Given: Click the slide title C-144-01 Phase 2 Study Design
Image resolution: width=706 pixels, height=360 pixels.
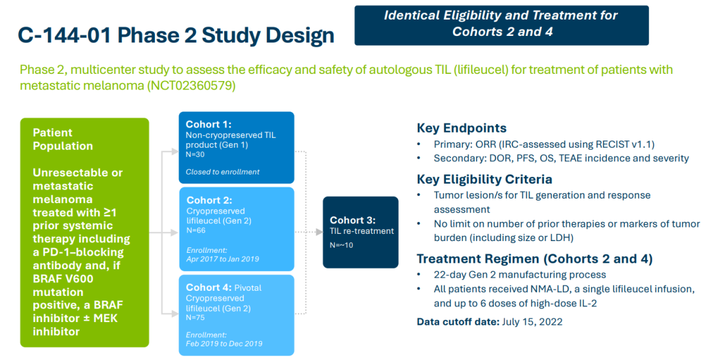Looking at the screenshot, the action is coord(176,35).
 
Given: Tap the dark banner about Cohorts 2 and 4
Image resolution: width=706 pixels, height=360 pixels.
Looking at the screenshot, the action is coord(501,25).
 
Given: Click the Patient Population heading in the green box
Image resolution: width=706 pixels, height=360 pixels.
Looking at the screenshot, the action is coord(63,139).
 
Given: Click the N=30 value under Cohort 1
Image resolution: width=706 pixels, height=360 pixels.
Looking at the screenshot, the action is coord(195,154).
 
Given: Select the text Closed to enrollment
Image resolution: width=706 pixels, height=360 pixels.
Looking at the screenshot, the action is coord(222,172).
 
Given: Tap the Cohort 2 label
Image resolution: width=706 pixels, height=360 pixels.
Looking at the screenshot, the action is coord(209,200).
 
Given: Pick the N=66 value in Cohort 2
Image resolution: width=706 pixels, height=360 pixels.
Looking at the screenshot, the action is coord(196,231).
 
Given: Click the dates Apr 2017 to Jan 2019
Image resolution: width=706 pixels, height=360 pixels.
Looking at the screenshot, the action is coord(222,259).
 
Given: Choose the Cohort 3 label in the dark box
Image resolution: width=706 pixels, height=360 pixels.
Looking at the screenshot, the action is coord(352,220).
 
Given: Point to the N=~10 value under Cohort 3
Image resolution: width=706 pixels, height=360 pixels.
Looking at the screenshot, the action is coord(341,245).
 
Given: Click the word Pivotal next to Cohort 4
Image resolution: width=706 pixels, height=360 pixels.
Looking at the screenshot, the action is coord(248,287).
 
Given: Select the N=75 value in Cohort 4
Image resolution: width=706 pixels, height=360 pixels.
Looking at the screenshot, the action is coord(195,318).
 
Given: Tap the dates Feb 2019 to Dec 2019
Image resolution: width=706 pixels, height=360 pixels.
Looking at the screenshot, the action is coord(224,344).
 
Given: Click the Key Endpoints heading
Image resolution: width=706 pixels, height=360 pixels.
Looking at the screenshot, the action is coord(462,128).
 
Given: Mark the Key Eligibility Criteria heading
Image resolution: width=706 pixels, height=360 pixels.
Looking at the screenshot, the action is coord(484,180).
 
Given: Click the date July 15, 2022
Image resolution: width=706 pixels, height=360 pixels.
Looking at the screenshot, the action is coord(531,321).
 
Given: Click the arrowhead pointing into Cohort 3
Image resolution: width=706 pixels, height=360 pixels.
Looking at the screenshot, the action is coord(319,232).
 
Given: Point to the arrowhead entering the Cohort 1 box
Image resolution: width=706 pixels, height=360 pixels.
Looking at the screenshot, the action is coord(175,152).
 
